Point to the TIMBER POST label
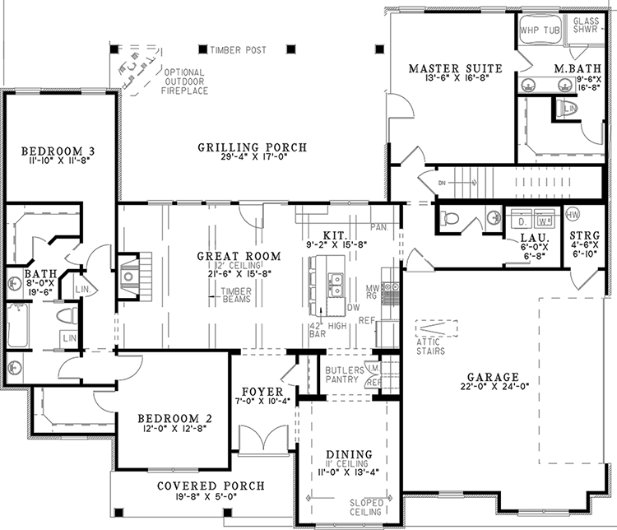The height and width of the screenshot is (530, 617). [238, 50]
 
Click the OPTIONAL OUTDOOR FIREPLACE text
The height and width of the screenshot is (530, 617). [184, 81]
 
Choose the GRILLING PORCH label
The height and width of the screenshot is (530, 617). [252, 147]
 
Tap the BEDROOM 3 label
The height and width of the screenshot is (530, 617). [58, 151]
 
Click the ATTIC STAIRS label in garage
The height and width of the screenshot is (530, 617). [430, 346]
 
